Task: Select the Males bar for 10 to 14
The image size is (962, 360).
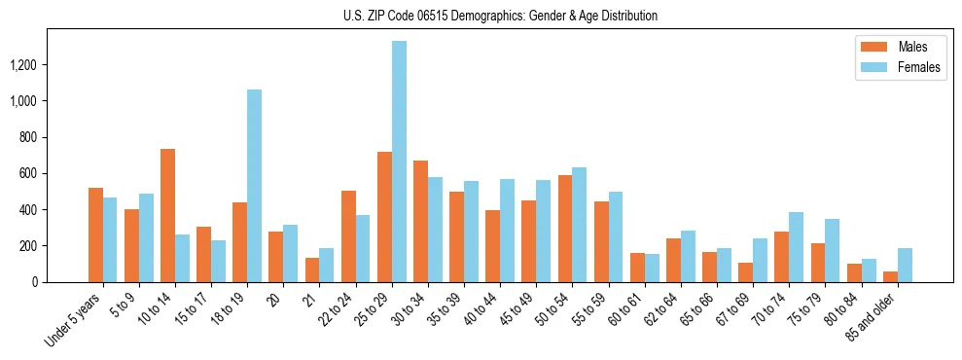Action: [167, 215]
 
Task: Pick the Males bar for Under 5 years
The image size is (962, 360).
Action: [95, 234]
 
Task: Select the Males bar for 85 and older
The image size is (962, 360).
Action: [890, 276]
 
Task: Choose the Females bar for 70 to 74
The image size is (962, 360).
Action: [796, 247]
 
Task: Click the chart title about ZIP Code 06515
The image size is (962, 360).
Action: [500, 16]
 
